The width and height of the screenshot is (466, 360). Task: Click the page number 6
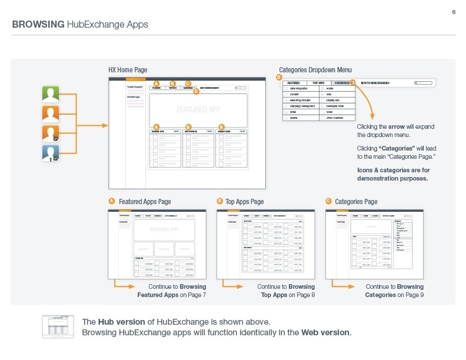[x=454, y=13]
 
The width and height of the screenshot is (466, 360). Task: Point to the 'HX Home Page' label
[x=128, y=70]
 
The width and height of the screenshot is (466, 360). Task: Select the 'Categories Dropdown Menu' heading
[x=315, y=70]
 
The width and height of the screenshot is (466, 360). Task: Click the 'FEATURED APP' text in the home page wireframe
[x=198, y=109]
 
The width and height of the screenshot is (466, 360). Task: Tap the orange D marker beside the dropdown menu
[x=279, y=78]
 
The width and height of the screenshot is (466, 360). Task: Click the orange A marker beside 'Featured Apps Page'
[x=111, y=201]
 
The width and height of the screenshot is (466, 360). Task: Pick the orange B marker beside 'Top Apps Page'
[x=219, y=201]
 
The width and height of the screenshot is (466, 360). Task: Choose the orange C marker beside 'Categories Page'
[x=328, y=201]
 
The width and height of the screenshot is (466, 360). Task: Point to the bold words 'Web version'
[x=326, y=332]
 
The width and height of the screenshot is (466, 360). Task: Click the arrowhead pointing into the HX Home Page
[x=105, y=125]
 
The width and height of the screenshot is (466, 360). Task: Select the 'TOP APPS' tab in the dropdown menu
[x=318, y=84]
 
